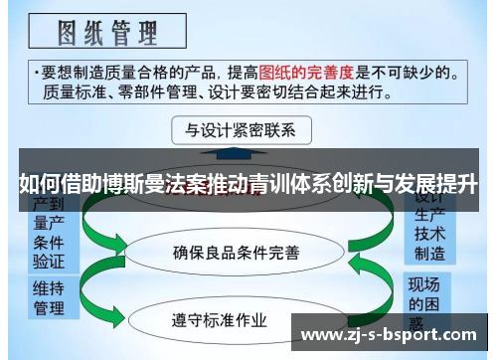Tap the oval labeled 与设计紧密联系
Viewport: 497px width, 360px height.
pos(242,130)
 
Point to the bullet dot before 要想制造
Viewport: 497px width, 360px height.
pos(36,73)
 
